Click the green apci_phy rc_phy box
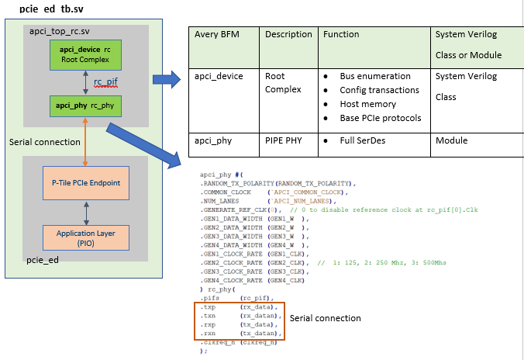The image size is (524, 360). click(85, 104)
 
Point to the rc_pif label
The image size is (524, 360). click(107, 79)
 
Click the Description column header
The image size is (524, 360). click(288, 35)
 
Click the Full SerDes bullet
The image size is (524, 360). click(364, 140)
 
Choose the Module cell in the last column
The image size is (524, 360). click(452, 140)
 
